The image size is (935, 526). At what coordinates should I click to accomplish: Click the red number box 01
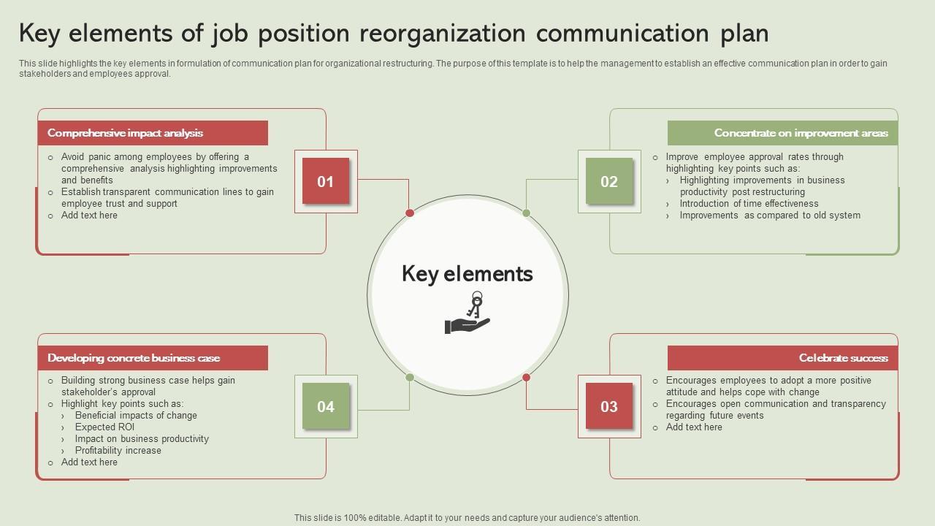pyautogui.click(x=326, y=181)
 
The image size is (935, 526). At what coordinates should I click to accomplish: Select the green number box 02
pyautogui.click(x=609, y=181)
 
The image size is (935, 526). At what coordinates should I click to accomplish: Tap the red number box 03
pyautogui.click(x=609, y=406)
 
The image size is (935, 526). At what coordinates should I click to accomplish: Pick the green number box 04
pyautogui.click(x=326, y=406)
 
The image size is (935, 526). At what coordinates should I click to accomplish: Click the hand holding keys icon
pyautogui.click(x=467, y=313)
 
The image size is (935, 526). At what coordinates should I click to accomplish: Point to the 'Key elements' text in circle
pyautogui.click(x=467, y=274)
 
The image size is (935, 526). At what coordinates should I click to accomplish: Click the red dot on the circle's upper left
pyautogui.click(x=410, y=213)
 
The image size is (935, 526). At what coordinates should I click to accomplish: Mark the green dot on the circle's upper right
pyautogui.click(x=526, y=213)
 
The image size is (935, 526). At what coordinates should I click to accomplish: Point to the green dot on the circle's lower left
pyautogui.click(x=410, y=378)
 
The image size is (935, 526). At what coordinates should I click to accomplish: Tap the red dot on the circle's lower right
pyautogui.click(x=526, y=378)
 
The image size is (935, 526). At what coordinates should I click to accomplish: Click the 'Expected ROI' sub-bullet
pyautogui.click(x=104, y=427)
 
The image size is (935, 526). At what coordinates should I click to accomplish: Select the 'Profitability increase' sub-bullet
pyautogui.click(x=118, y=451)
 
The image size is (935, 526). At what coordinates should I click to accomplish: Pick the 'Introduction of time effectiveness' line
pyautogui.click(x=749, y=204)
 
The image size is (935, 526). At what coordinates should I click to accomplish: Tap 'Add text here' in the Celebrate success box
pyautogui.click(x=694, y=427)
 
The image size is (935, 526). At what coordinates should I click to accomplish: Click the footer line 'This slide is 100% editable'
pyautogui.click(x=467, y=518)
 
